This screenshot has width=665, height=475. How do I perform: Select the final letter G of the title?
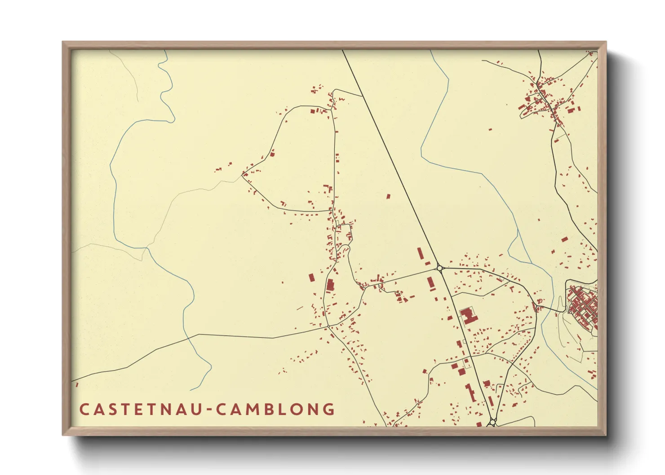pyautogui.click(x=329, y=409)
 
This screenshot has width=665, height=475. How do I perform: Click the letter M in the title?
pyautogui.click(x=254, y=409)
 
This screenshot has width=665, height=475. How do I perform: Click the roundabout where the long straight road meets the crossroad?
pyautogui.click(x=440, y=268)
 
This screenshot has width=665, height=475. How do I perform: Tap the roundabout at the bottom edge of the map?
pyautogui.click(x=492, y=422)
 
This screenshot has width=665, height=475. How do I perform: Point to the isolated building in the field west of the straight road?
pyautogui.click(x=389, y=196)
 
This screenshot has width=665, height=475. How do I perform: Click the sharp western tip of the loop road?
pyautogui.click(x=243, y=176)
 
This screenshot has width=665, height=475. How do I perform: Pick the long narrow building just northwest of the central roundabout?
pyautogui.click(x=421, y=254)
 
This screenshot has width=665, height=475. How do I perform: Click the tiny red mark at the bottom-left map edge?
pyautogui.click(x=77, y=384)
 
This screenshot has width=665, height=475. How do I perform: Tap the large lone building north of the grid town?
pyautogui.click(x=564, y=239)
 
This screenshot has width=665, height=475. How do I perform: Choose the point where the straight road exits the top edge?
pyautogui.click(x=343, y=50)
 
